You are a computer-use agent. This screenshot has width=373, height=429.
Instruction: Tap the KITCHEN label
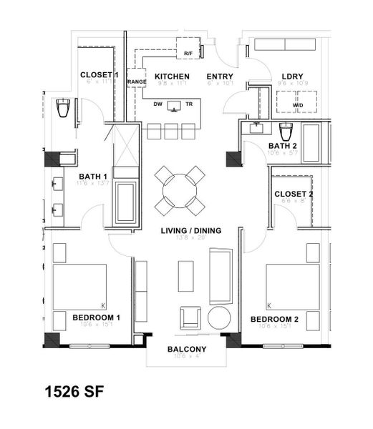172,76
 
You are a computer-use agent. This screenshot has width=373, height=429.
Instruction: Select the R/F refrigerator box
188,53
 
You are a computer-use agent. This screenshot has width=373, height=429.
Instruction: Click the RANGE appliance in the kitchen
136,81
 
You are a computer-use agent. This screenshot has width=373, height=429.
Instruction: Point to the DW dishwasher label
158,104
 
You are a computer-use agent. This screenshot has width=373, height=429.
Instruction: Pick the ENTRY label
220,76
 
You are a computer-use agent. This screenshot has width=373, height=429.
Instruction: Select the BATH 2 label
283,147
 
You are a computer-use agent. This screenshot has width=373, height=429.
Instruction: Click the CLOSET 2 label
294,194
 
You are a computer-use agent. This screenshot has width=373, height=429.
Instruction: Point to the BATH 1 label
93,177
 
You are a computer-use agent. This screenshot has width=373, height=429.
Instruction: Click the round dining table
180,189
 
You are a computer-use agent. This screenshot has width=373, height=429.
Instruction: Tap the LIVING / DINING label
190,230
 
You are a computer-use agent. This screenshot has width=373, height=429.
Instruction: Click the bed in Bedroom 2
292,286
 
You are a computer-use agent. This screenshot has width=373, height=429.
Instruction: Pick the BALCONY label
187,349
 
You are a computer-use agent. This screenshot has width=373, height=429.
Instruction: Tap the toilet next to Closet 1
62,109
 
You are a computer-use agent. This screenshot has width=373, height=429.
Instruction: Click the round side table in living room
219,317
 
